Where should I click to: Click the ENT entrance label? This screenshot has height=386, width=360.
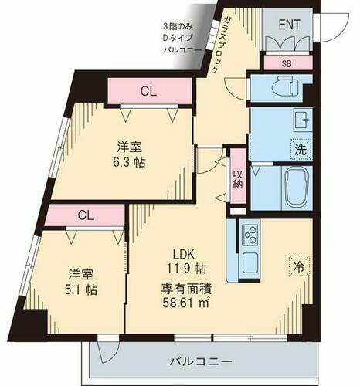(290, 25)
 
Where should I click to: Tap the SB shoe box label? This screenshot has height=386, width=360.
(287, 63)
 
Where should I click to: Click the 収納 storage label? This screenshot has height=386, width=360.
(239, 178)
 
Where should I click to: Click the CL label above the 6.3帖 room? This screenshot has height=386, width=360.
(148, 91)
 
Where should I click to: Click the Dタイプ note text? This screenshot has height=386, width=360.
(183, 36)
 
